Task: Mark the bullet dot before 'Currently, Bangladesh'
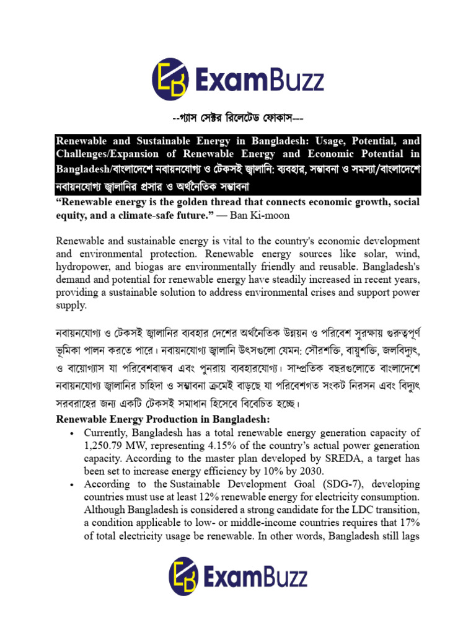pyautogui.click(x=73, y=433)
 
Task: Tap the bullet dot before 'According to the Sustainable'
pyautogui.click(x=73, y=484)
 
